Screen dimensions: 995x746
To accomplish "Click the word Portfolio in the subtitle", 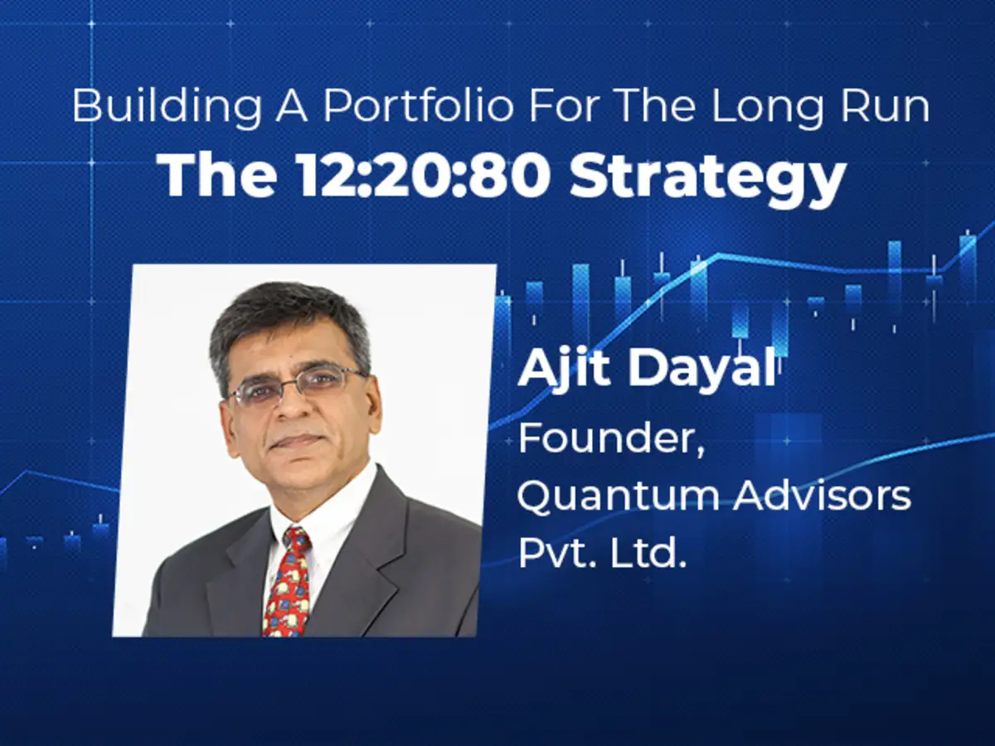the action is pos(418,107).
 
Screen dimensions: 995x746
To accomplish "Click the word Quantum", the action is pos(619,497).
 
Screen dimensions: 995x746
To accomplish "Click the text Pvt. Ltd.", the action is pos(601,553).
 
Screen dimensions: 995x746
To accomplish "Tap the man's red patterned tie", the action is pos(287,584).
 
